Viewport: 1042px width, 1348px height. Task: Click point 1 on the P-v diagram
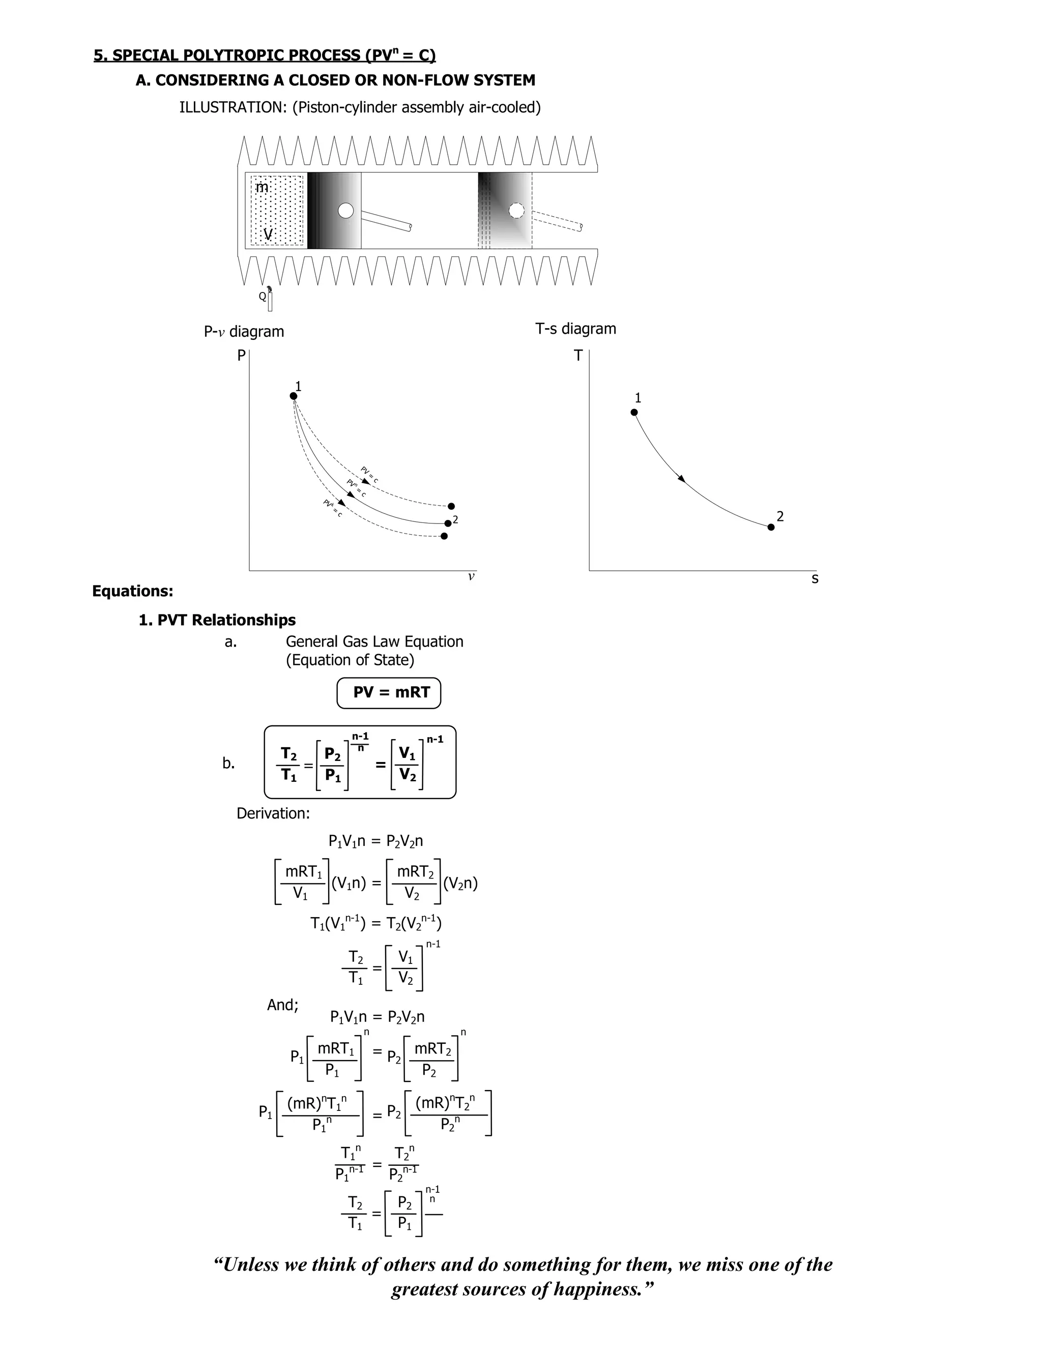pos(293,396)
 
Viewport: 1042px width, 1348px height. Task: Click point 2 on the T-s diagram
pos(771,526)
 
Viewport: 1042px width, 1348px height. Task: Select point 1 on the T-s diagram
pos(634,412)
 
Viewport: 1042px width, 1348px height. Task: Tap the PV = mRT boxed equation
pos(389,692)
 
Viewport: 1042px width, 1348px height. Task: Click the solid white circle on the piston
pos(345,211)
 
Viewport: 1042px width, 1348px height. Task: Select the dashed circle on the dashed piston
pos(516,211)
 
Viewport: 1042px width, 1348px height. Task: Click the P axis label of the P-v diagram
pos(241,356)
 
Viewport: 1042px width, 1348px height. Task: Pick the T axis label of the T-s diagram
pos(578,356)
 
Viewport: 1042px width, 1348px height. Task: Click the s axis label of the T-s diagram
pos(815,579)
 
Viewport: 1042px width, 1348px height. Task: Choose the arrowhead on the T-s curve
pos(681,478)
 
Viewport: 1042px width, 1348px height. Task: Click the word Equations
pos(133,591)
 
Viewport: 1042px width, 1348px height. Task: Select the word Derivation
pos(273,813)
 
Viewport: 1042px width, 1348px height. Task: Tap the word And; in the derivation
pos(283,1005)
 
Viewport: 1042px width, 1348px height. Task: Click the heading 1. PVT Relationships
pos(217,620)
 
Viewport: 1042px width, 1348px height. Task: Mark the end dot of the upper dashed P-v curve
pos(451,506)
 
